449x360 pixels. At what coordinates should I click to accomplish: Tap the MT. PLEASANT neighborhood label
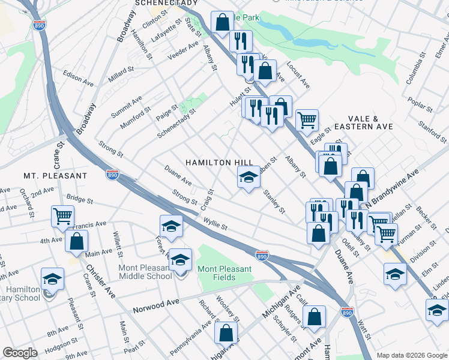55,176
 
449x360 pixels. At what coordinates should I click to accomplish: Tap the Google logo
20,353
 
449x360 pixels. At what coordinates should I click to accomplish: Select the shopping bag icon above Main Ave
77,242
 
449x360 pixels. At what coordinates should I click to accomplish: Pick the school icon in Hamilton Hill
249,177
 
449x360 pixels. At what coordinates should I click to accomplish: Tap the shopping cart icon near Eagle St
307,120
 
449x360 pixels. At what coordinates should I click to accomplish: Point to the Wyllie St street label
215,226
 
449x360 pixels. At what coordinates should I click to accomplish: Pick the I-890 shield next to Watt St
347,313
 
